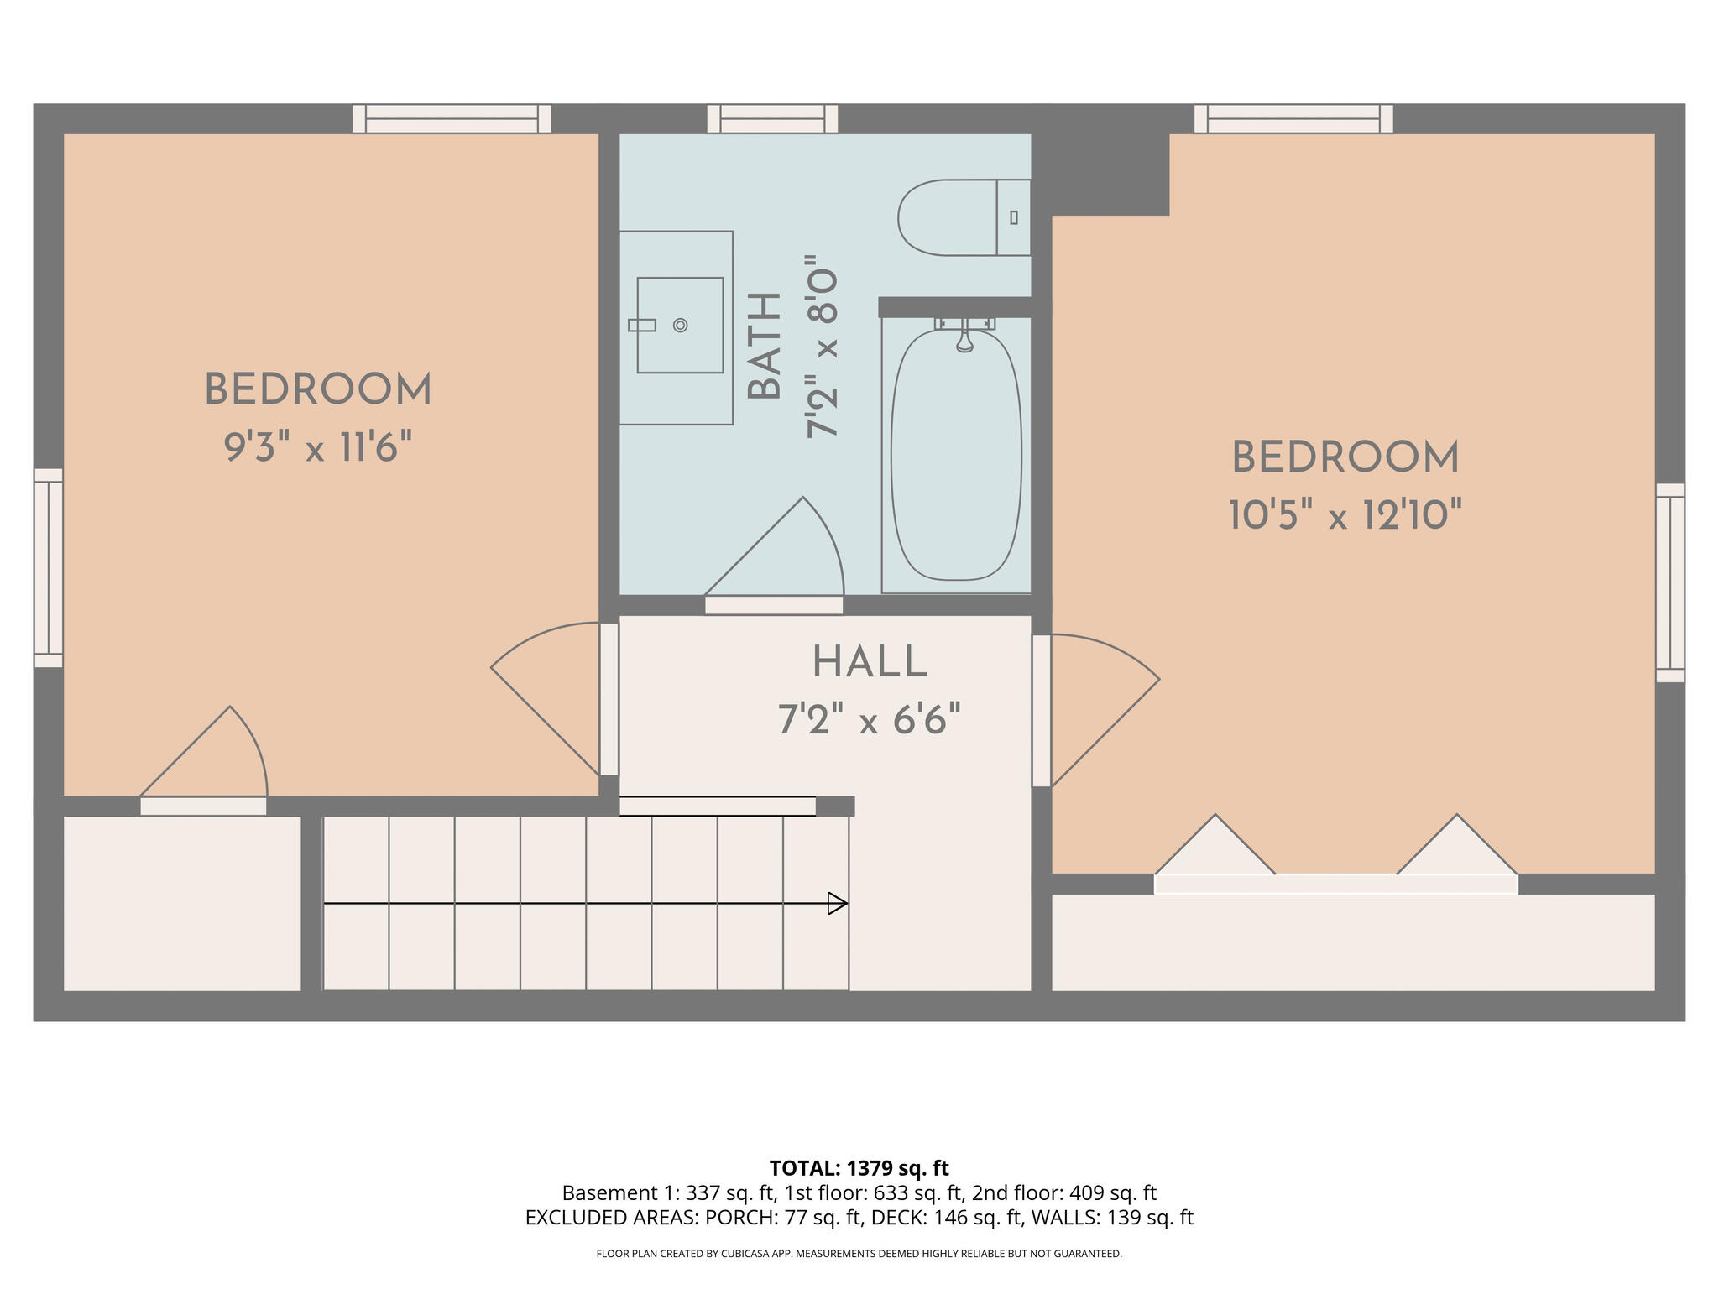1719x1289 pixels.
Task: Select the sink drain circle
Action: tap(680, 326)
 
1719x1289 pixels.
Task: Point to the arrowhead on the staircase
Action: tap(838, 903)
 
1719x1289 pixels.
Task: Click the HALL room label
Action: tap(870, 663)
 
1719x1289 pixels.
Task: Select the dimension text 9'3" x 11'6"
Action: tap(318, 447)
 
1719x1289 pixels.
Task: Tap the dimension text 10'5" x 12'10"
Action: tap(1345, 515)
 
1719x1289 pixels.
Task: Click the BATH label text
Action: tap(765, 346)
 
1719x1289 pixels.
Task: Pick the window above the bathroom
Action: tap(772, 118)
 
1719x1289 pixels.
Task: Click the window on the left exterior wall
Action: tap(49, 568)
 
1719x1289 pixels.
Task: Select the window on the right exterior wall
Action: tap(1669, 582)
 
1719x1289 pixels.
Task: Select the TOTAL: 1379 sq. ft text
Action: tap(859, 1168)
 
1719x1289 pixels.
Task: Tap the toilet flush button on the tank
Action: tap(1014, 217)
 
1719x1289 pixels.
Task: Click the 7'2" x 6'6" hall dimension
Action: tap(870, 720)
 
